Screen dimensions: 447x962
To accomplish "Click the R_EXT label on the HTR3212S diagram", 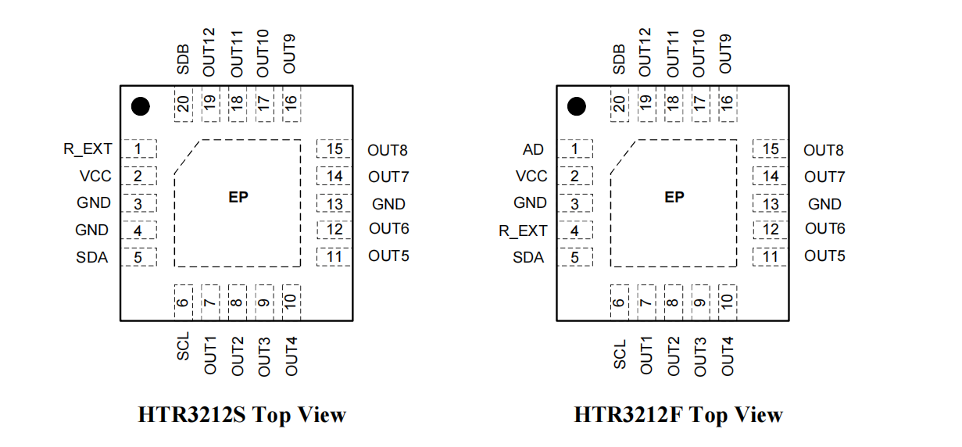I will pos(88,148).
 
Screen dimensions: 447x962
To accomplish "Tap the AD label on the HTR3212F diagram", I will pos(533,149).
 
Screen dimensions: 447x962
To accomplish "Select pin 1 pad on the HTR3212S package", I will pos(138,148).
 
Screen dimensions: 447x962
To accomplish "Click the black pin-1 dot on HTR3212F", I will pos(576,106).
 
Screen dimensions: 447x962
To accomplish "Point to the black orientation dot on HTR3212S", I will pos(140,106).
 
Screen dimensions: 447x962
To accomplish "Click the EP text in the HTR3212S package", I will pos(238,198).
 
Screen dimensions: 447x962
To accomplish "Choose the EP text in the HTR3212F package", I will pos(674,198).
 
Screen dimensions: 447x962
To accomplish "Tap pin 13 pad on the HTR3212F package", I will pos(771,204).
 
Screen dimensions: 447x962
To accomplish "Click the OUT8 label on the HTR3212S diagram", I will pos(388,150).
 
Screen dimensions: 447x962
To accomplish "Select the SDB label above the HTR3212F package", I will pos(619,59).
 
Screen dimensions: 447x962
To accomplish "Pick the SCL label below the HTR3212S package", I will pos(183,345).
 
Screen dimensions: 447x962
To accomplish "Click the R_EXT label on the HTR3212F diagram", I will pos(523,231).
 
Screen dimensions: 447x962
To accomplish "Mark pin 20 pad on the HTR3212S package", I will pos(183,104).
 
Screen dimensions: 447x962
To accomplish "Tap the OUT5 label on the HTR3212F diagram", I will pos(824,256).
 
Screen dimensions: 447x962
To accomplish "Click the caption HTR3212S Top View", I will pos(241,414).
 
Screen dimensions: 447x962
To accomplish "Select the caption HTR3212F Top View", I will pos(678,414).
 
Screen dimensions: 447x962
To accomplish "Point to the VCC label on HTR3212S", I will pos(95,176).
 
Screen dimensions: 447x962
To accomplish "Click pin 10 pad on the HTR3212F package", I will pos(727,300).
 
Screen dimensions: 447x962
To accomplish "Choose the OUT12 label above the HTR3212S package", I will pos(209,52).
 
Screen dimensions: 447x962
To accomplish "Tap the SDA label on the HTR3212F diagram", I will pos(528,257).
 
